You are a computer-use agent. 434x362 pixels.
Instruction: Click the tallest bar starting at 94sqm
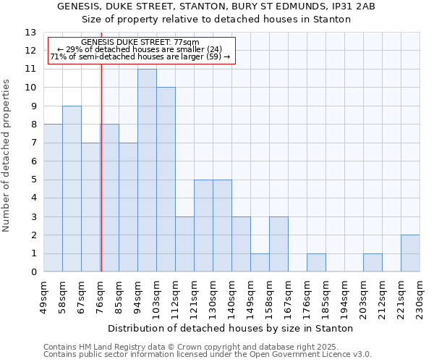click(147, 171)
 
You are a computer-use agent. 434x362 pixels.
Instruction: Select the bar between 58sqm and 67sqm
click(72, 189)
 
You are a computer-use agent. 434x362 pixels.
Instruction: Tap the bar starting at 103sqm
click(166, 180)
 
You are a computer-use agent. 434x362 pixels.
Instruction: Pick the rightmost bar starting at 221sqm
click(410, 253)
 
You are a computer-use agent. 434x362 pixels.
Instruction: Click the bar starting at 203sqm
click(373, 263)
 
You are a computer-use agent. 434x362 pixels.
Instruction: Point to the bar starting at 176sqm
click(316, 263)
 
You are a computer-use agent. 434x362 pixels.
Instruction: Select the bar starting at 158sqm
click(278, 244)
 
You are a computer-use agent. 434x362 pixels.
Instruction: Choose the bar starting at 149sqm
click(260, 263)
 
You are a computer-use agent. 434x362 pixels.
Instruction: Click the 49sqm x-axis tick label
click(43, 297)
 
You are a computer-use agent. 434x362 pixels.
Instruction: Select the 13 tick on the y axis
click(30, 33)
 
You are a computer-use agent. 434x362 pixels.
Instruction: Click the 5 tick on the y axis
click(33, 180)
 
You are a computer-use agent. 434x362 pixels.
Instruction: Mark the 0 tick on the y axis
click(33, 272)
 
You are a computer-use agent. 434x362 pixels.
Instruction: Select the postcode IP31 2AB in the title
click(353, 7)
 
